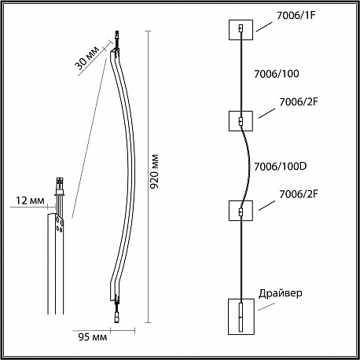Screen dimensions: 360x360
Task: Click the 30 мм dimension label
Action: pyautogui.click(x=87, y=58)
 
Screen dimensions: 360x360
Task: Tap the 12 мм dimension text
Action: pyautogui.click(x=30, y=200)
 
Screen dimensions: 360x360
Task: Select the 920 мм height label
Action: pyautogui.click(x=154, y=171)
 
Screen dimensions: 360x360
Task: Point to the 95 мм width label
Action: pyautogui.click(x=93, y=337)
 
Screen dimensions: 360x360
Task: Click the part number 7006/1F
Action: pyautogui.click(x=296, y=16)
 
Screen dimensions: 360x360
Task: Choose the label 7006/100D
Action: pyautogui.click(x=281, y=167)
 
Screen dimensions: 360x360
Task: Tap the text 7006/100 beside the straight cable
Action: pyautogui.click(x=277, y=74)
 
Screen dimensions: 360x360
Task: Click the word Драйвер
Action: pyautogui.click(x=281, y=293)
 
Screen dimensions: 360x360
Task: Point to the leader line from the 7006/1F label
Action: pyautogui.click(x=264, y=27)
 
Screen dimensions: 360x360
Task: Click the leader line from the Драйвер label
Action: pyautogui.click(x=266, y=307)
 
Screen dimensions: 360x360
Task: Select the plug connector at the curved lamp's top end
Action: pyautogui.click(x=116, y=39)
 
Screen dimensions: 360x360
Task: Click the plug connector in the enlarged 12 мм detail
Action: pyautogui.click(x=60, y=186)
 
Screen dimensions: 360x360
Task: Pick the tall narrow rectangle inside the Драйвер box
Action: pyautogui.click(x=241, y=318)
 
